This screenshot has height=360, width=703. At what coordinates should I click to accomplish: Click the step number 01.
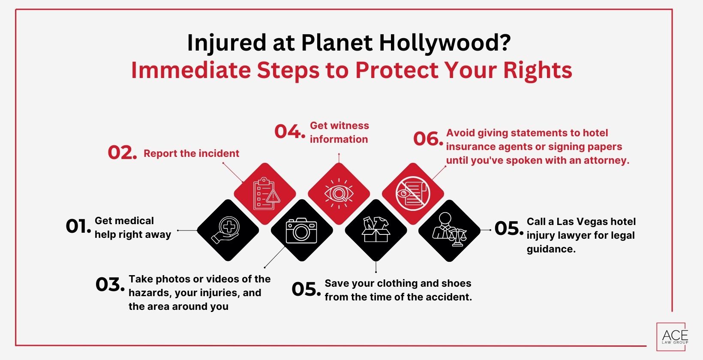coord(78,226)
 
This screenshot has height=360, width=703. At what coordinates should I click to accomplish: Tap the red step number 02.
coord(122,153)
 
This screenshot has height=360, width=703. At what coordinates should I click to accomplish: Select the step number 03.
coord(110,285)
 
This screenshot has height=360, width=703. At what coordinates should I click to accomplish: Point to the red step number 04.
coord(290,132)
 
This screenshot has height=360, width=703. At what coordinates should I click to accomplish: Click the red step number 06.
coord(428,139)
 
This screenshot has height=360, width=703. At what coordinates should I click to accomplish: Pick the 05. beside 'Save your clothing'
coord(306,289)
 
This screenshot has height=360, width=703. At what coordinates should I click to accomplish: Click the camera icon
coord(301,231)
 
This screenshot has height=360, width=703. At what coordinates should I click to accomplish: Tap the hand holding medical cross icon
coord(228,230)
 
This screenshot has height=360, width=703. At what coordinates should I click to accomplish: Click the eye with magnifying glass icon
coord(339,194)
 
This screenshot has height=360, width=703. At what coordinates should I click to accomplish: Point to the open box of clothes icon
coord(376,230)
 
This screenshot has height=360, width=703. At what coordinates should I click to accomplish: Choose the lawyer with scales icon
coord(449,231)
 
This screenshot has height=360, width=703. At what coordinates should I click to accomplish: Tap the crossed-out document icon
coord(413,194)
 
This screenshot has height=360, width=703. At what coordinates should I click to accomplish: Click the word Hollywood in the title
coord(444,42)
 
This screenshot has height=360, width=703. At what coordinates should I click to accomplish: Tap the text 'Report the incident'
coord(191,153)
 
